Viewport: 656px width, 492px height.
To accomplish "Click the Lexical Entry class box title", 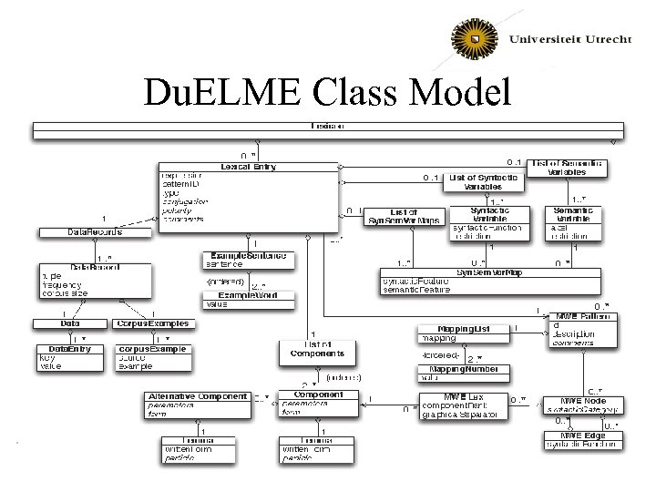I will (x=248, y=166).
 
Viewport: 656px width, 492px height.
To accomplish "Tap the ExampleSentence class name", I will (x=248, y=256).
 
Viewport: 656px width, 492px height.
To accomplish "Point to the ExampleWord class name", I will (x=248, y=296).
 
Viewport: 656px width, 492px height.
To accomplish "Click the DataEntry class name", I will (x=69, y=348).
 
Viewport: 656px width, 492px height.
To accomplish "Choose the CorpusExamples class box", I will (x=152, y=323).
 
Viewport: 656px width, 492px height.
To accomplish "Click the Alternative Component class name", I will (x=197, y=396).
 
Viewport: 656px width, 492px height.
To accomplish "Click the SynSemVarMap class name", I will (x=489, y=272).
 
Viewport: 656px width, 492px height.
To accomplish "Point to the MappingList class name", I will (x=462, y=328).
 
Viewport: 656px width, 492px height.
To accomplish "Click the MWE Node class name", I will (x=583, y=400).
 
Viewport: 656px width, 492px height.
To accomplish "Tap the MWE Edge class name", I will (x=583, y=435).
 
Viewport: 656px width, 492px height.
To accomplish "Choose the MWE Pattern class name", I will (x=583, y=317).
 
